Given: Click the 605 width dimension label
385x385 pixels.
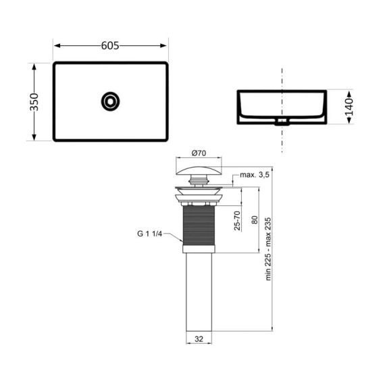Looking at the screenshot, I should click(110, 45).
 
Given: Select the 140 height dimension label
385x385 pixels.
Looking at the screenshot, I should click(349, 107).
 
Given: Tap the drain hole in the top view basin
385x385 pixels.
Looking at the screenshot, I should click(110, 102).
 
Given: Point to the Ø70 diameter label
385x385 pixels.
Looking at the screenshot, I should click(199, 153).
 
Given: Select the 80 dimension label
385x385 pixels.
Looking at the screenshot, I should click(254, 220).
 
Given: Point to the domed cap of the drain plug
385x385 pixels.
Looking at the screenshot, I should click(199, 167).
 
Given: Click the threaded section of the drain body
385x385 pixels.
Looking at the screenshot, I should click(199, 226).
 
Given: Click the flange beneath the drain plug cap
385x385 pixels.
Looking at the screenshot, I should click(199, 195).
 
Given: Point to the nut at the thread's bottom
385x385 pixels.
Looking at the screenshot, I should click(199, 251).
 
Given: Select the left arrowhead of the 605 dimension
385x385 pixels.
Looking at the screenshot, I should click(57, 46).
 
